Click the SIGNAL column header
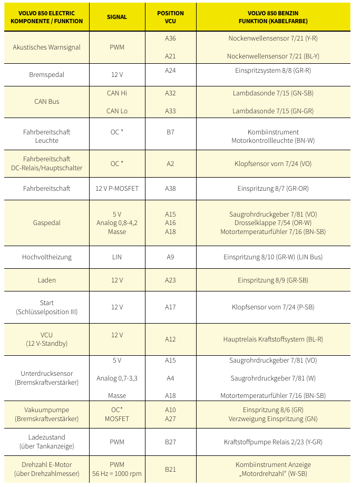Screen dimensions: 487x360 click(117, 17)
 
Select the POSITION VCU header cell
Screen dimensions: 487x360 click(170, 17)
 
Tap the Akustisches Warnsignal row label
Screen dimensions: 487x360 click(47, 47)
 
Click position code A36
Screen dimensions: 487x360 click(170, 38)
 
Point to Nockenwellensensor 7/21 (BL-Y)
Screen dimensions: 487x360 click(273, 56)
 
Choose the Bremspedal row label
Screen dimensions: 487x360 click(47, 75)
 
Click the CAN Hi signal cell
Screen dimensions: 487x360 click(117, 93)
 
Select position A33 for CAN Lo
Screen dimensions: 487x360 click(170, 111)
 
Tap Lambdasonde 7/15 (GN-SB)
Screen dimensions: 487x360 click(273, 93)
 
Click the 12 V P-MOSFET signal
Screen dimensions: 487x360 click(117, 188)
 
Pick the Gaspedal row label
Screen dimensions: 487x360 click(47, 223)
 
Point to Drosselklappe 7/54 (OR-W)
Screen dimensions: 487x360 click(273, 223)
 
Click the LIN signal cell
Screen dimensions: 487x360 click(117, 257)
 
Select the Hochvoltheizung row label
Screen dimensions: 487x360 click(47, 257)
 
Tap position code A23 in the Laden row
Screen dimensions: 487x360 click(170, 280)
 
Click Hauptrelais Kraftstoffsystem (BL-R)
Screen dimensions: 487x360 click(273, 339)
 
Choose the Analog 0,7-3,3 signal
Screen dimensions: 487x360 click(117, 378)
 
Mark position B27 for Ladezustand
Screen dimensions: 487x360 click(170, 442)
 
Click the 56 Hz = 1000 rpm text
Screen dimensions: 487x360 click(117, 473)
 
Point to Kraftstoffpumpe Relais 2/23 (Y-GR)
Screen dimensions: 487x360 click(273, 442)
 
